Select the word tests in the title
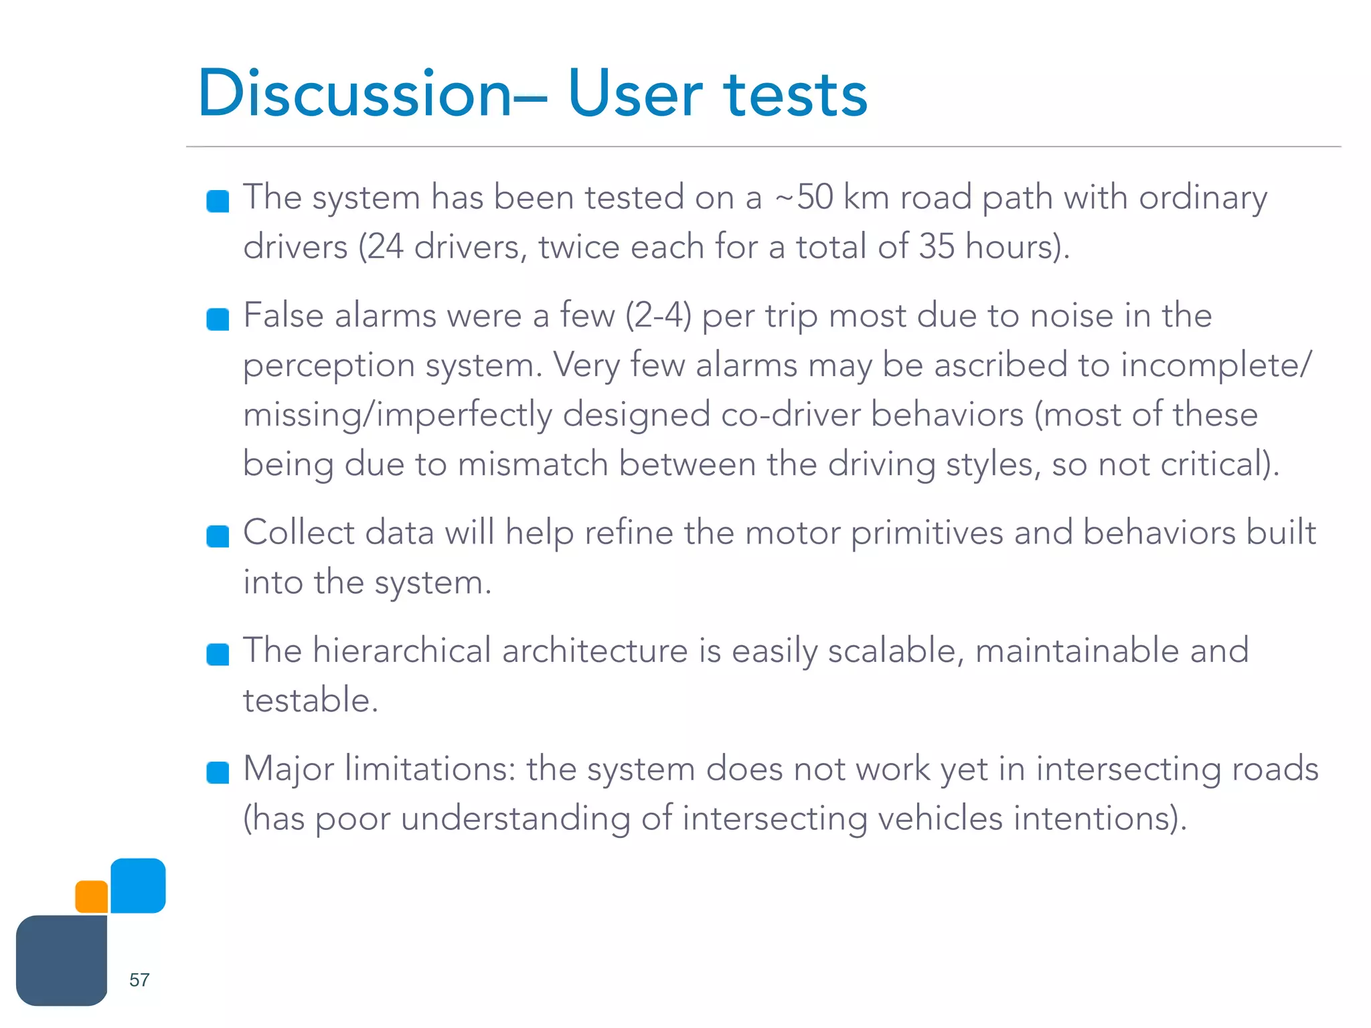pos(795,95)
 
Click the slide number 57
pos(139,980)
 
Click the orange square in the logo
pos(92,896)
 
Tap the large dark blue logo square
pos(62,960)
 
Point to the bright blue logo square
pos(138,885)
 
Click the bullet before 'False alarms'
pos(218,319)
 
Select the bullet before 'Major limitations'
pos(218,772)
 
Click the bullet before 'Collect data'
pos(218,536)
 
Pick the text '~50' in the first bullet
pos(803,197)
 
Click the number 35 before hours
pos(936,246)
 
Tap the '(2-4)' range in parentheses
pos(658,315)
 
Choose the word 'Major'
pos(288,769)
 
